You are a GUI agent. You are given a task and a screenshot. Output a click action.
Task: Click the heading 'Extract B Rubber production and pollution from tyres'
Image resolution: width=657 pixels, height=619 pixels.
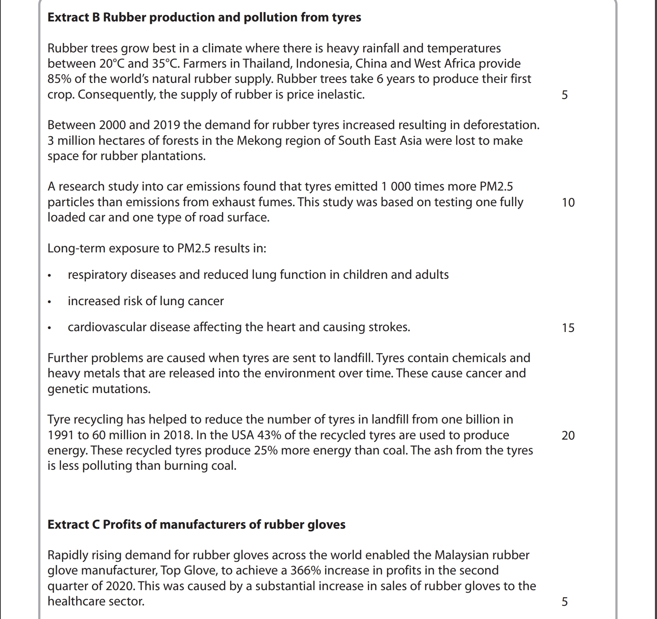(x=204, y=17)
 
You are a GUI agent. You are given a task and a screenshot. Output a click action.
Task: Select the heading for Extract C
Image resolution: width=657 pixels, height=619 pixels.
(x=196, y=525)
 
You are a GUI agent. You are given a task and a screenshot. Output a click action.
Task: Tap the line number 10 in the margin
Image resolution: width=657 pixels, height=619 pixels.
(x=568, y=202)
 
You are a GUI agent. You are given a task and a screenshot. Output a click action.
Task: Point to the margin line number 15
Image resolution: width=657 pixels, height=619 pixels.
(x=568, y=328)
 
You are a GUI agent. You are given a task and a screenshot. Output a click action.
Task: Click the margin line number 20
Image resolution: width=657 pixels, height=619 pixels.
(x=568, y=435)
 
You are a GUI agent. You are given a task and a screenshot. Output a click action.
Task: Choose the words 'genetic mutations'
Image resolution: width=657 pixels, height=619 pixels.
(x=99, y=389)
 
